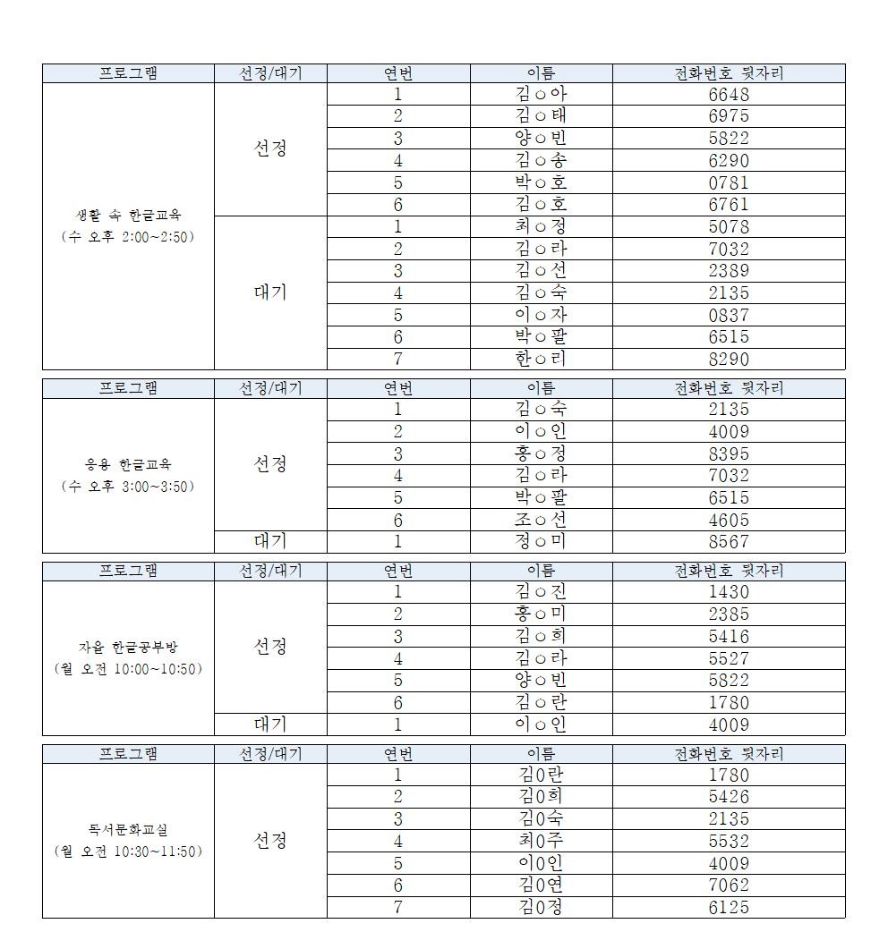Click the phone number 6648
[x=728, y=94]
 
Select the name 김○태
[x=541, y=116]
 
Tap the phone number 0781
[x=728, y=182]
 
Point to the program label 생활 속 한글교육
[x=128, y=216]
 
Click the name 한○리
[x=541, y=359]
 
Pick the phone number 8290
[x=728, y=359]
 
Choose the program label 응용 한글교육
[x=128, y=465]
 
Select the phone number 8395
[x=728, y=453]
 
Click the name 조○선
[x=541, y=520]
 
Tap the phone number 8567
[x=728, y=541]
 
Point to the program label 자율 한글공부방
[x=128, y=648]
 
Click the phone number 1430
[x=728, y=592]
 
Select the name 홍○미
[x=541, y=614]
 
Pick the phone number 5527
[x=728, y=658]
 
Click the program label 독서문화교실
[x=128, y=830]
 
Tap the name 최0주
[x=541, y=841]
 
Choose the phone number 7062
[x=728, y=885]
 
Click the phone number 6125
[x=728, y=907]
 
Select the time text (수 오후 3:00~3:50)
[x=128, y=487]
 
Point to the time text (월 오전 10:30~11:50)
[x=128, y=852]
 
